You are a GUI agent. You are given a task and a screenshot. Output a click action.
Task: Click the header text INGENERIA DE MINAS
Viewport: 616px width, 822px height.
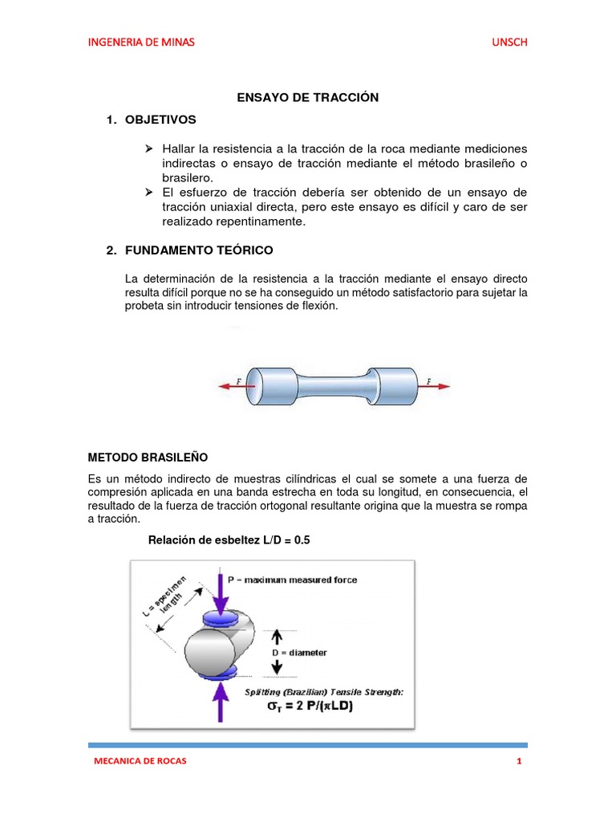point(140,42)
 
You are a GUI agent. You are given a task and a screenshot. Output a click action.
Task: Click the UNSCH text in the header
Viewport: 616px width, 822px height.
point(509,42)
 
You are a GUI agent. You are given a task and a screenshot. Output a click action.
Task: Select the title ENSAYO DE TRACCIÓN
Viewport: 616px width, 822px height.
point(307,97)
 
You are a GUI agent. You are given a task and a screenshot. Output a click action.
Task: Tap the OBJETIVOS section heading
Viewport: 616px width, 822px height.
point(160,120)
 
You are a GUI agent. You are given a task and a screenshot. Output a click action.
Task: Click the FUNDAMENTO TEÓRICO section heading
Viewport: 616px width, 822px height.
point(199,251)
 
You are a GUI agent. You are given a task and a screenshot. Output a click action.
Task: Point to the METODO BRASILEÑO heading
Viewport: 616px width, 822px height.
point(148,457)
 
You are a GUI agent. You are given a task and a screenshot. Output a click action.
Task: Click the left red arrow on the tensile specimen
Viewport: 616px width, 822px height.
point(232,384)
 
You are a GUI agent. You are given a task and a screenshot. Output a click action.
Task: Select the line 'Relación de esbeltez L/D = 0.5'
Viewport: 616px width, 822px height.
point(229,540)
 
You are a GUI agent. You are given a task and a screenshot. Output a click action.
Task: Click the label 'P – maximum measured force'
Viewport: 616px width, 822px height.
point(293,579)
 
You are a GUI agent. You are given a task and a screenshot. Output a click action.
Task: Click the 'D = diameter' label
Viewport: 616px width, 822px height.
point(298,653)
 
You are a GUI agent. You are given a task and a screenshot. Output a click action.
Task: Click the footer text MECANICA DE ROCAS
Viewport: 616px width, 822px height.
point(140,761)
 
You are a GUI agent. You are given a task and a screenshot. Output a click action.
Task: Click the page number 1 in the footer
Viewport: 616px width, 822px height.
point(519,761)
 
